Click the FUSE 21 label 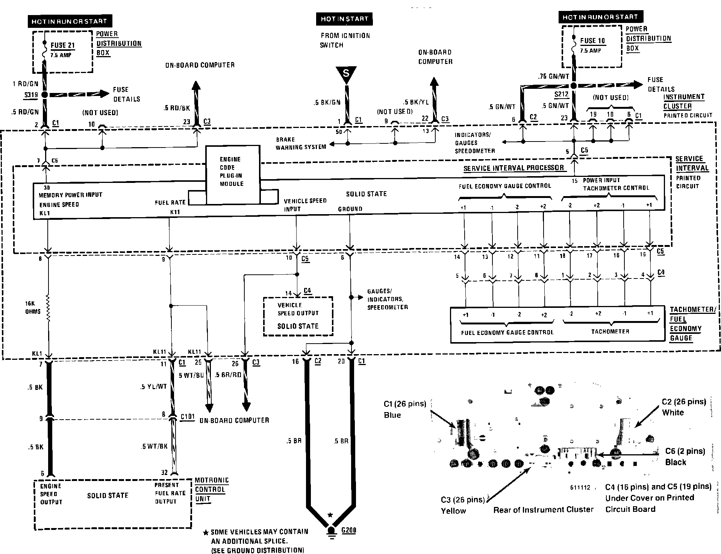pyautogui.click(x=63, y=45)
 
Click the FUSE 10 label pyautogui.click(x=592, y=41)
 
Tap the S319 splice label pyautogui.click(x=31, y=95)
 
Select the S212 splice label pyautogui.click(x=561, y=94)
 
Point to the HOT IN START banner pyautogui.click(x=344, y=19)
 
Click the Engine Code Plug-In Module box pyautogui.click(x=232, y=172)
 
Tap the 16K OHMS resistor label pyautogui.click(x=33, y=307)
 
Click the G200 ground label pyautogui.click(x=348, y=530)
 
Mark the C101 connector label pyautogui.click(x=188, y=417)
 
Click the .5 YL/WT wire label pyautogui.click(x=153, y=387)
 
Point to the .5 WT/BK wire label pyautogui.click(x=154, y=446)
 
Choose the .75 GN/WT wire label pyautogui.click(x=553, y=76)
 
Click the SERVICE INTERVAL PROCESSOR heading pyautogui.click(x=513, y=168)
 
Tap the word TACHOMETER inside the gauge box pyautogui.click(x=610, y=332)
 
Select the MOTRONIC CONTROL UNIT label pyautogui.click(x=212, y=489)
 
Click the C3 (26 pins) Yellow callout pyautogui.click(x=463, y=505)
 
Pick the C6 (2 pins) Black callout pyautogui.click(x=685, y=457)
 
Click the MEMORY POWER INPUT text pyautogui.click(x=70, y=195)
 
